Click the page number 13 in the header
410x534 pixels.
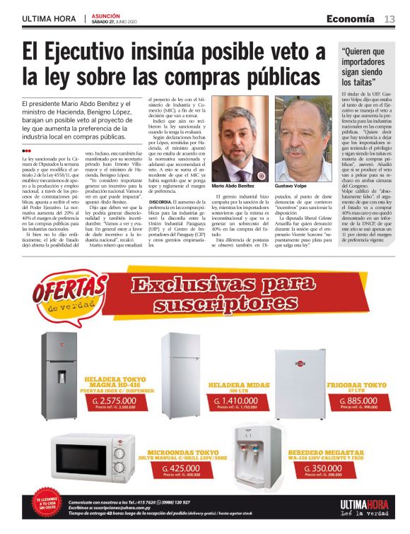pyautogui.click(x=389, y=18)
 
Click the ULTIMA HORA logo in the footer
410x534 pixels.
pyautogui.click(x=365, y=505)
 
